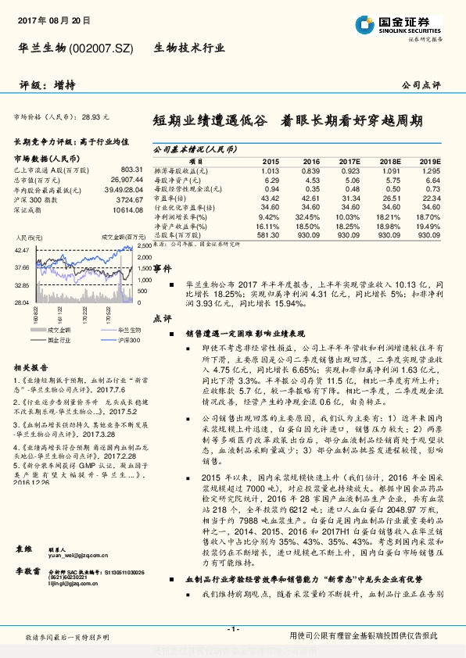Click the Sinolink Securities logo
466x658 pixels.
(x=398, y=25)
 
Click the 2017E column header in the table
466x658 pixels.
(x=350, y=160)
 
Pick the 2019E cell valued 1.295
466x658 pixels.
(x=430, y=170)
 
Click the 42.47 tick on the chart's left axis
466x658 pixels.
(x=22, y=249)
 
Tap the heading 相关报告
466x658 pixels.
(x=32, y=367)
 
